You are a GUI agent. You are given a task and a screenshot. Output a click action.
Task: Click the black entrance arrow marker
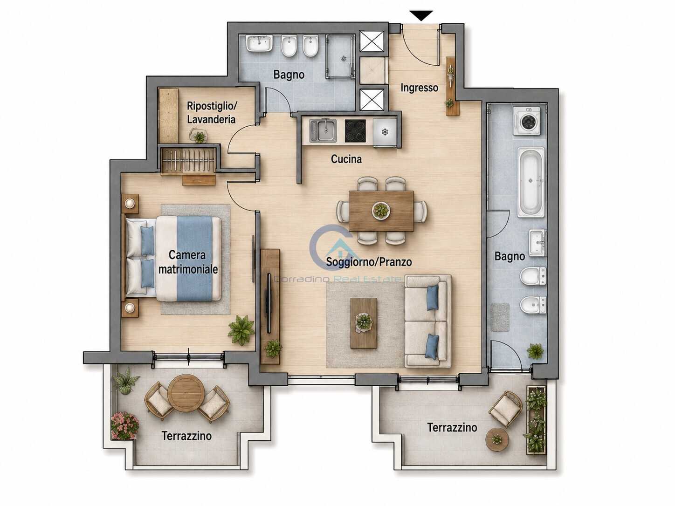pos(421,15)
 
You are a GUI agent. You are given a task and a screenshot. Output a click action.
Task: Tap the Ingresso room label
pos(420,88)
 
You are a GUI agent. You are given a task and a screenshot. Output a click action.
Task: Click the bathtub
pos(531,182)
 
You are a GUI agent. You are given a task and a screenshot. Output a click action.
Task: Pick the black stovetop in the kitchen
pos(355,131)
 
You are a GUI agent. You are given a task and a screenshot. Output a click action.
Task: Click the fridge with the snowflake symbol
pos(385,132)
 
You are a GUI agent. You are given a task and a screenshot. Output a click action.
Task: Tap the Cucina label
pos(346,159)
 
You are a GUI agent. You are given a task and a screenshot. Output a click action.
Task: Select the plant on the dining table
pos(381,211)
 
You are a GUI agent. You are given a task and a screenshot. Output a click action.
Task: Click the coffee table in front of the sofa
pos(364,323)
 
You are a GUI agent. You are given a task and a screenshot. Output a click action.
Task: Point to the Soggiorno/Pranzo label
pos(369,262)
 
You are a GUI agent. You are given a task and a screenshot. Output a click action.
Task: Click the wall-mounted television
pos(269,302)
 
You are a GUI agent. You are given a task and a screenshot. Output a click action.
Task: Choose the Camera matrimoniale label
pos(188,262)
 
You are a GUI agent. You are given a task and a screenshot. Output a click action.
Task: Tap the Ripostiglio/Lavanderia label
pos(212,113)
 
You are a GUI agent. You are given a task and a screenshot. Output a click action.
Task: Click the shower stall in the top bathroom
pos(340,56)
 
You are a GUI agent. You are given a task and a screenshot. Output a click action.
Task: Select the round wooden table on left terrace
pos(186,393)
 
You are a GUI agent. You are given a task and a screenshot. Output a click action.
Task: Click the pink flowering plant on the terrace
pos(124,425)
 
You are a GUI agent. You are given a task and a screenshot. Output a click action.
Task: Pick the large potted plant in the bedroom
pos(241,330)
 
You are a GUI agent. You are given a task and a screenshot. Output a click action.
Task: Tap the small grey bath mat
pos(500,318)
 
